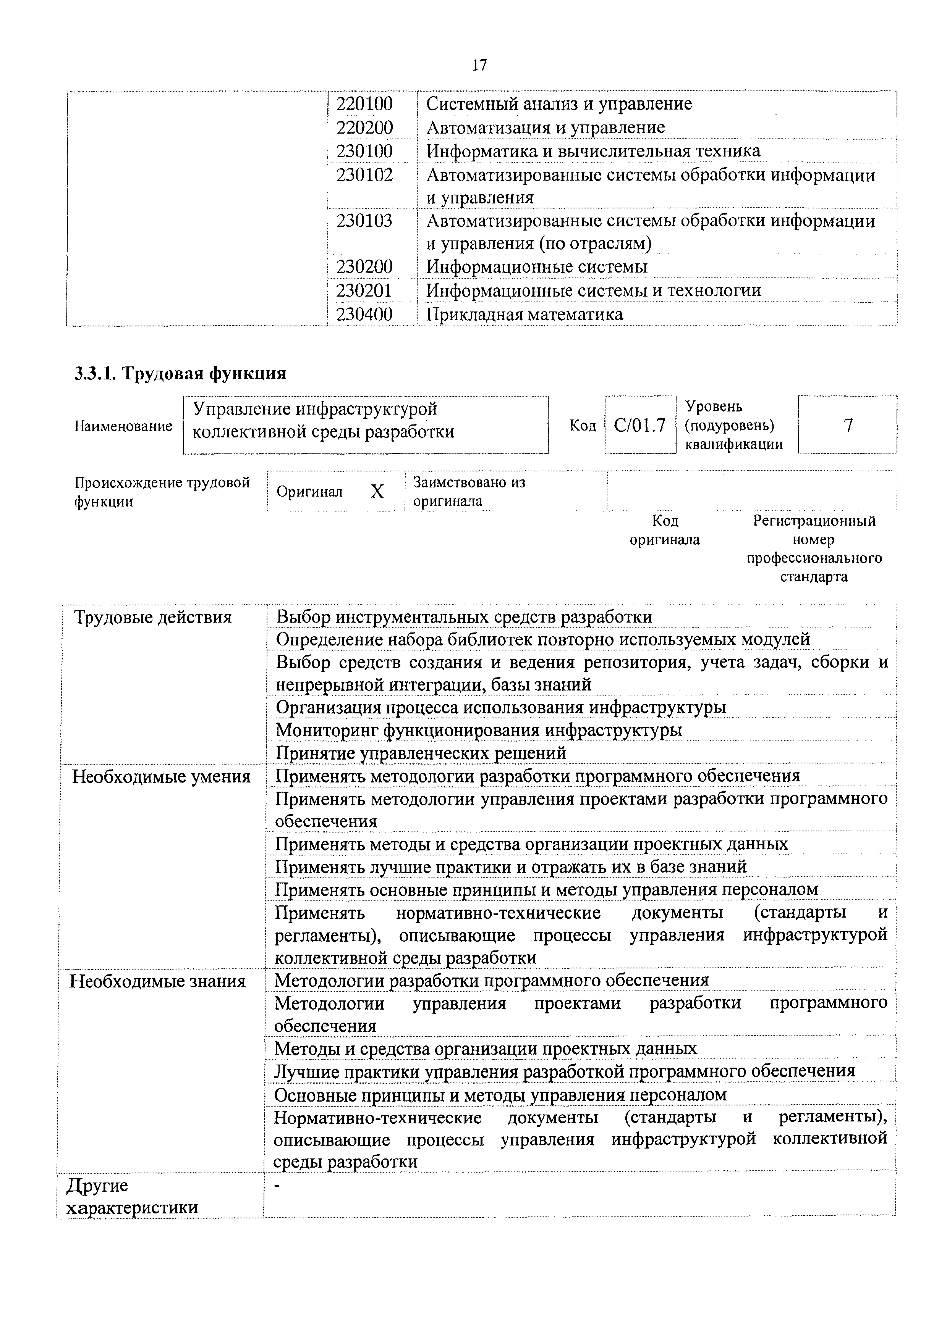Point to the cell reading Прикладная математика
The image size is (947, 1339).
pos(524,315)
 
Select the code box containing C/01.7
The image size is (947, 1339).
pos(639,426)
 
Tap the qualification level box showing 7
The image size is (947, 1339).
pos(848,425)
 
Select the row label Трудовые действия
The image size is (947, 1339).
pos(153,617)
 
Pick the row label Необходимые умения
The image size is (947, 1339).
pos(161,777)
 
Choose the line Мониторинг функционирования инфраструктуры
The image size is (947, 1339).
pos(478,730)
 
